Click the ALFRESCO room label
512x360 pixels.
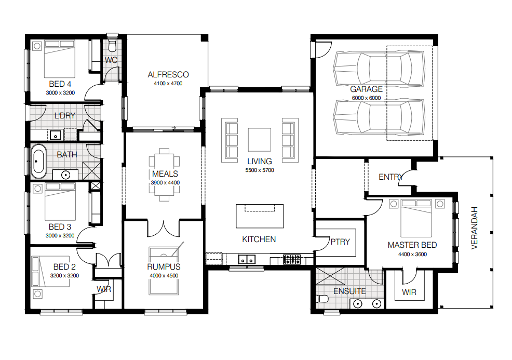tap(168, 75)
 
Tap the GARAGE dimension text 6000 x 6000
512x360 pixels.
tap(367, 98)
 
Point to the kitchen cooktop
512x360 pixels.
tap(292, 259)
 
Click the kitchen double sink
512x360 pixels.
tap(247, 260)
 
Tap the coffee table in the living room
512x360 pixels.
tap(260, 140)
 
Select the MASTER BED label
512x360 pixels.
tap(412, 245)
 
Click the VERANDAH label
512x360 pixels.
tap(475, 228)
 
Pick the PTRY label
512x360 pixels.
tap(340, 242)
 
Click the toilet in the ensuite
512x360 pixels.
tap(322, 299)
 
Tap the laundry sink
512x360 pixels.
tap(55, 135)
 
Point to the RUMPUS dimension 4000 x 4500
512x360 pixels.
tap(164, 276)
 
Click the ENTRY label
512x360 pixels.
tap(391, 177)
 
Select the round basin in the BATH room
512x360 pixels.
tap(65, 175)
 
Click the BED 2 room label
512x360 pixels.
tap(64, 267)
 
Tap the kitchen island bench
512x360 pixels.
tap(260, 216)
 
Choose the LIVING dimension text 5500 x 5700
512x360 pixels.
tap(260, 170)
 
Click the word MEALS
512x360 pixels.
tap(165, 174)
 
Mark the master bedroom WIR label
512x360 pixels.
tap(409, 292)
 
